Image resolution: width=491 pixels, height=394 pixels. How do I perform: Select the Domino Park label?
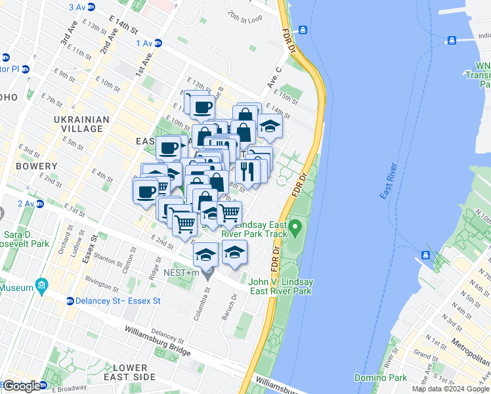(x=381, y=378)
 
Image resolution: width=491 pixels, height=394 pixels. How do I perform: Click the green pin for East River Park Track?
(x=295, y=228)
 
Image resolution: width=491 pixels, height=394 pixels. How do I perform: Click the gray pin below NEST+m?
(x=207, y=274)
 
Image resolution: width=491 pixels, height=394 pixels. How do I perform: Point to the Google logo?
(x=21, y=386)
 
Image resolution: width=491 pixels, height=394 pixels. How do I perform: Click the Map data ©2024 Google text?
(x=450, y=389)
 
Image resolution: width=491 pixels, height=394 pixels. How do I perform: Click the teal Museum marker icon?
(x=42, y=286)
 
